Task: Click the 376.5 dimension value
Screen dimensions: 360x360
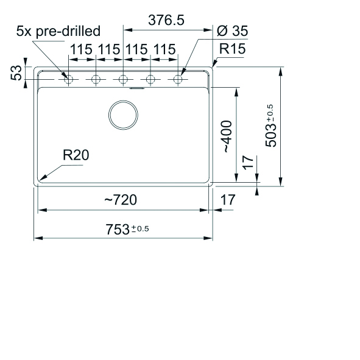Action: pyautogui.click(x=166, y=20)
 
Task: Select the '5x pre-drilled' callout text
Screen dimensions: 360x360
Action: pyautogui.click(x=58, y=31)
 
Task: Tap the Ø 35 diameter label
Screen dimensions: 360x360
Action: pyautogui.click(x=232, y=31)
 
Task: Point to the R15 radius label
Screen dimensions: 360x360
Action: pyautogui.click(x=232, y=49)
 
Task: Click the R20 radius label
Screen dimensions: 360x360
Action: pyautogui.click(x=76, y=155)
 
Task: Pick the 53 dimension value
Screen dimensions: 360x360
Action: pyautogui.click(x=16, y=72)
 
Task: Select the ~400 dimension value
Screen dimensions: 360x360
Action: pyautogui.click(x=228, y=136)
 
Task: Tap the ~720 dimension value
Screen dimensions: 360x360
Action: pyautogui.click(x=121, y=200)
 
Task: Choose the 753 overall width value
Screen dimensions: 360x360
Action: pyautogui.click(x=118, y=230)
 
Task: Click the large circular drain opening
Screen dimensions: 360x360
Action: pyautogui.click(x=123, y=115)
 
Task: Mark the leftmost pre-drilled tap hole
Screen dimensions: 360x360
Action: pyautogui.click(x=69, y=79)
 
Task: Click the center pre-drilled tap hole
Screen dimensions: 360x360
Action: pyautogui.click(x=123, y=79)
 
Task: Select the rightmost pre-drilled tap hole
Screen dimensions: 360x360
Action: pyautogui.click(x=178, y=79)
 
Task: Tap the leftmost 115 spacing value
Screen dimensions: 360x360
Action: pyautogui.click(x=81, y=49)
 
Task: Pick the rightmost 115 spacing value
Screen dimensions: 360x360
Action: pyautogui.click(x=164, y=49)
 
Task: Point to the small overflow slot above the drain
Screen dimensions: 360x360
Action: pyautogui.click(x=137, y=88)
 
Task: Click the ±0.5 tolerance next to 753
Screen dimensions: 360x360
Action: pyautogui.click(x=140, y=229)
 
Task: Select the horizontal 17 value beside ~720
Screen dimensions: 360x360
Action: pyautogui.click(x=228, y=200)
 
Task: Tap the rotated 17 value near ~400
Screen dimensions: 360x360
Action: pyautogui.click(x=248, y=163)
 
